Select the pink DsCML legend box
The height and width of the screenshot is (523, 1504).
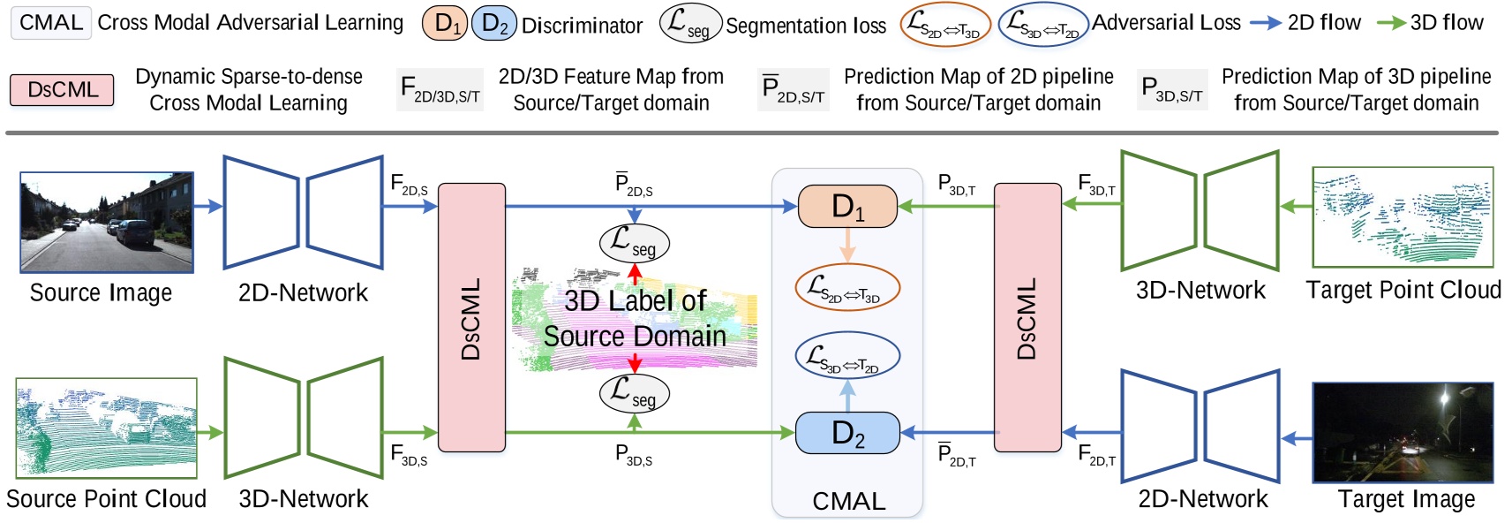[62, 89]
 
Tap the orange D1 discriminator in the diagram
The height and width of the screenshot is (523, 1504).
[847, 207]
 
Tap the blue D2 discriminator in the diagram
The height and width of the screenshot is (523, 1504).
[847, 433]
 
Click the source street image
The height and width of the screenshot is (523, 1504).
[107, 223]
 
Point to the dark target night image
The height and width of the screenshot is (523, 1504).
[1406, 432]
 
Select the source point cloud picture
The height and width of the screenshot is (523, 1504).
[106, 428]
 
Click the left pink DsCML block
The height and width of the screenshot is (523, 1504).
[471, 318]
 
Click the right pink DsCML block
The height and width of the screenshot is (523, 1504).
[1027, 318]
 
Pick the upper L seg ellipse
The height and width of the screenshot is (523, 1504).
[635, 242]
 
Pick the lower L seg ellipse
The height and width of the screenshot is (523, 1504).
[635, 392]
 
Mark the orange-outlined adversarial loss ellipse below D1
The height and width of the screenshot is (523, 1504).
[847, 288]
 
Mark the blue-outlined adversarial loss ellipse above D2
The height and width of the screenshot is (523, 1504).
[847, 356]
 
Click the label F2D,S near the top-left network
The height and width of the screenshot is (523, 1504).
[409, 186]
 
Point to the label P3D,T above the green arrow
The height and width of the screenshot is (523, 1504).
[956, 186]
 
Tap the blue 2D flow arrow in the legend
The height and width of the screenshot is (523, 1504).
[1266, 23]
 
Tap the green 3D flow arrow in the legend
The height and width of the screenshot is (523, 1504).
[1391, 23]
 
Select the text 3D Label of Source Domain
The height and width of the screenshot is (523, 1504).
[635, 318]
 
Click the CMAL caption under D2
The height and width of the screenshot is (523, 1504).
[848, 501]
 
